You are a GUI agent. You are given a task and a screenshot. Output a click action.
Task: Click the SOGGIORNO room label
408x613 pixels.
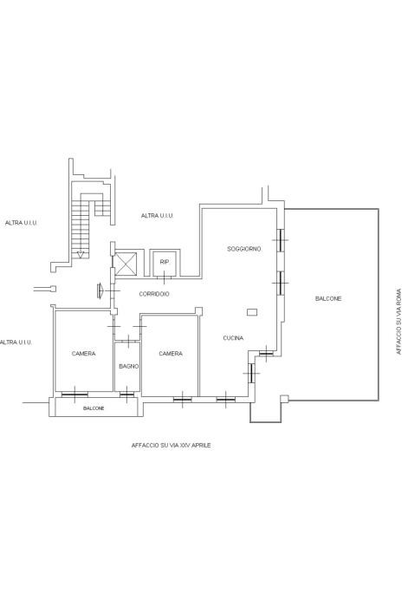[244, 249]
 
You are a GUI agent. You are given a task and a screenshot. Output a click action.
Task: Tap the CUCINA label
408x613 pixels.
[233, 338]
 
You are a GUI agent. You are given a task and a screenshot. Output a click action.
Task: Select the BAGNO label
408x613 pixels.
[128, 366]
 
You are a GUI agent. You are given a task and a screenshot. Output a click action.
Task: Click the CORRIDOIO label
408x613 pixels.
[154, 294]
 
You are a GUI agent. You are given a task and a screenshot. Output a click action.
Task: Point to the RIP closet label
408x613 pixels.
[165, 262]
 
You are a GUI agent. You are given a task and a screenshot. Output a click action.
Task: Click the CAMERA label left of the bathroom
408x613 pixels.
[83, 354]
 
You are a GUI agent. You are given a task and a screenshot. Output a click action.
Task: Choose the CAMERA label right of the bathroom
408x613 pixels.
[171, 354]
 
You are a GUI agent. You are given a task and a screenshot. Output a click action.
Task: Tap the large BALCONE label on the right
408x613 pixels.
[328, 298]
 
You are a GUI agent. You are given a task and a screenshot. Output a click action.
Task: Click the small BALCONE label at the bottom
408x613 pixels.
[94, 408]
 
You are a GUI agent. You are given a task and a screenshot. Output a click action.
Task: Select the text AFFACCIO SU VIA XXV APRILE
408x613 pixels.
[171, 446]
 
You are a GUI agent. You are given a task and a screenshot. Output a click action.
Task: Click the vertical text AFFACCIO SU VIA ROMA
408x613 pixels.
[398, 322]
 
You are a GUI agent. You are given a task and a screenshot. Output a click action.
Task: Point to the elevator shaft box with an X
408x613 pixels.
[126, 264]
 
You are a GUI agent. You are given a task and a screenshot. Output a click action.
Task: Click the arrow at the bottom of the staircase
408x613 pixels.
[81, 255]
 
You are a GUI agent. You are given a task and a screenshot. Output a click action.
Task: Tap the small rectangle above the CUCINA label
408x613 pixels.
[252, 312]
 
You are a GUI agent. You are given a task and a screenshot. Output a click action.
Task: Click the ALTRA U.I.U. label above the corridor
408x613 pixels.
[157, 216]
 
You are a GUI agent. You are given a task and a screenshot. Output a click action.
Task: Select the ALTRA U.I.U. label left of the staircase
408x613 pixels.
[21, 223]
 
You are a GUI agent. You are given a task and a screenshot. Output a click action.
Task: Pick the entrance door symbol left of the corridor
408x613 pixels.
[100, 290]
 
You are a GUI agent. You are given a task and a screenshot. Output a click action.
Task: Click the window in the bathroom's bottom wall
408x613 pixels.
[126, 395]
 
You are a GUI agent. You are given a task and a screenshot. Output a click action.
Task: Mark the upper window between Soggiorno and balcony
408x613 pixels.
[280, 239]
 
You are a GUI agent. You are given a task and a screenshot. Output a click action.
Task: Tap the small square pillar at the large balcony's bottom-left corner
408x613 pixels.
[284, 399]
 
